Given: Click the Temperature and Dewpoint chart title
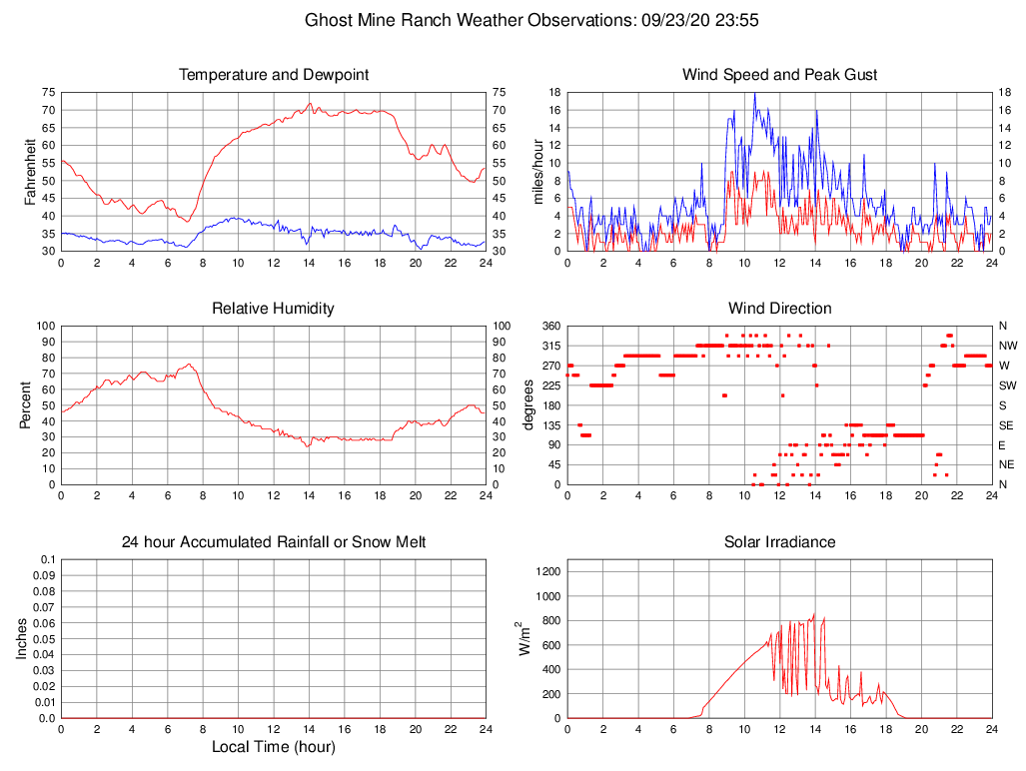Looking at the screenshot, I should pyautogui.click(x=274, y=75).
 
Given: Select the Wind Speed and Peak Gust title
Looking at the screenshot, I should pyautogui.click(x=780, y=75).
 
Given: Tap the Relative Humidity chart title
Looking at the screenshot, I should pyautogui.click(x=274, y=309).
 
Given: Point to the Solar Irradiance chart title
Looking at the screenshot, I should pyautogui.click(x=780, y=542).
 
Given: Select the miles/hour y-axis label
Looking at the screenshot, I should pyautogui.click(x=538, y=171).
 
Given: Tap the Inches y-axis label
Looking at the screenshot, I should pyautogui.click(x=23, y=638).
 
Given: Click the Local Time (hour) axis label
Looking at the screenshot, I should pyautogui.click(x=274, y=746).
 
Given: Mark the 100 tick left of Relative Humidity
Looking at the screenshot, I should pyautogui.click(x=43, y=326).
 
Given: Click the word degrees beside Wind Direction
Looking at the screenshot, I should pyautogui.click(x=528, y=404).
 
